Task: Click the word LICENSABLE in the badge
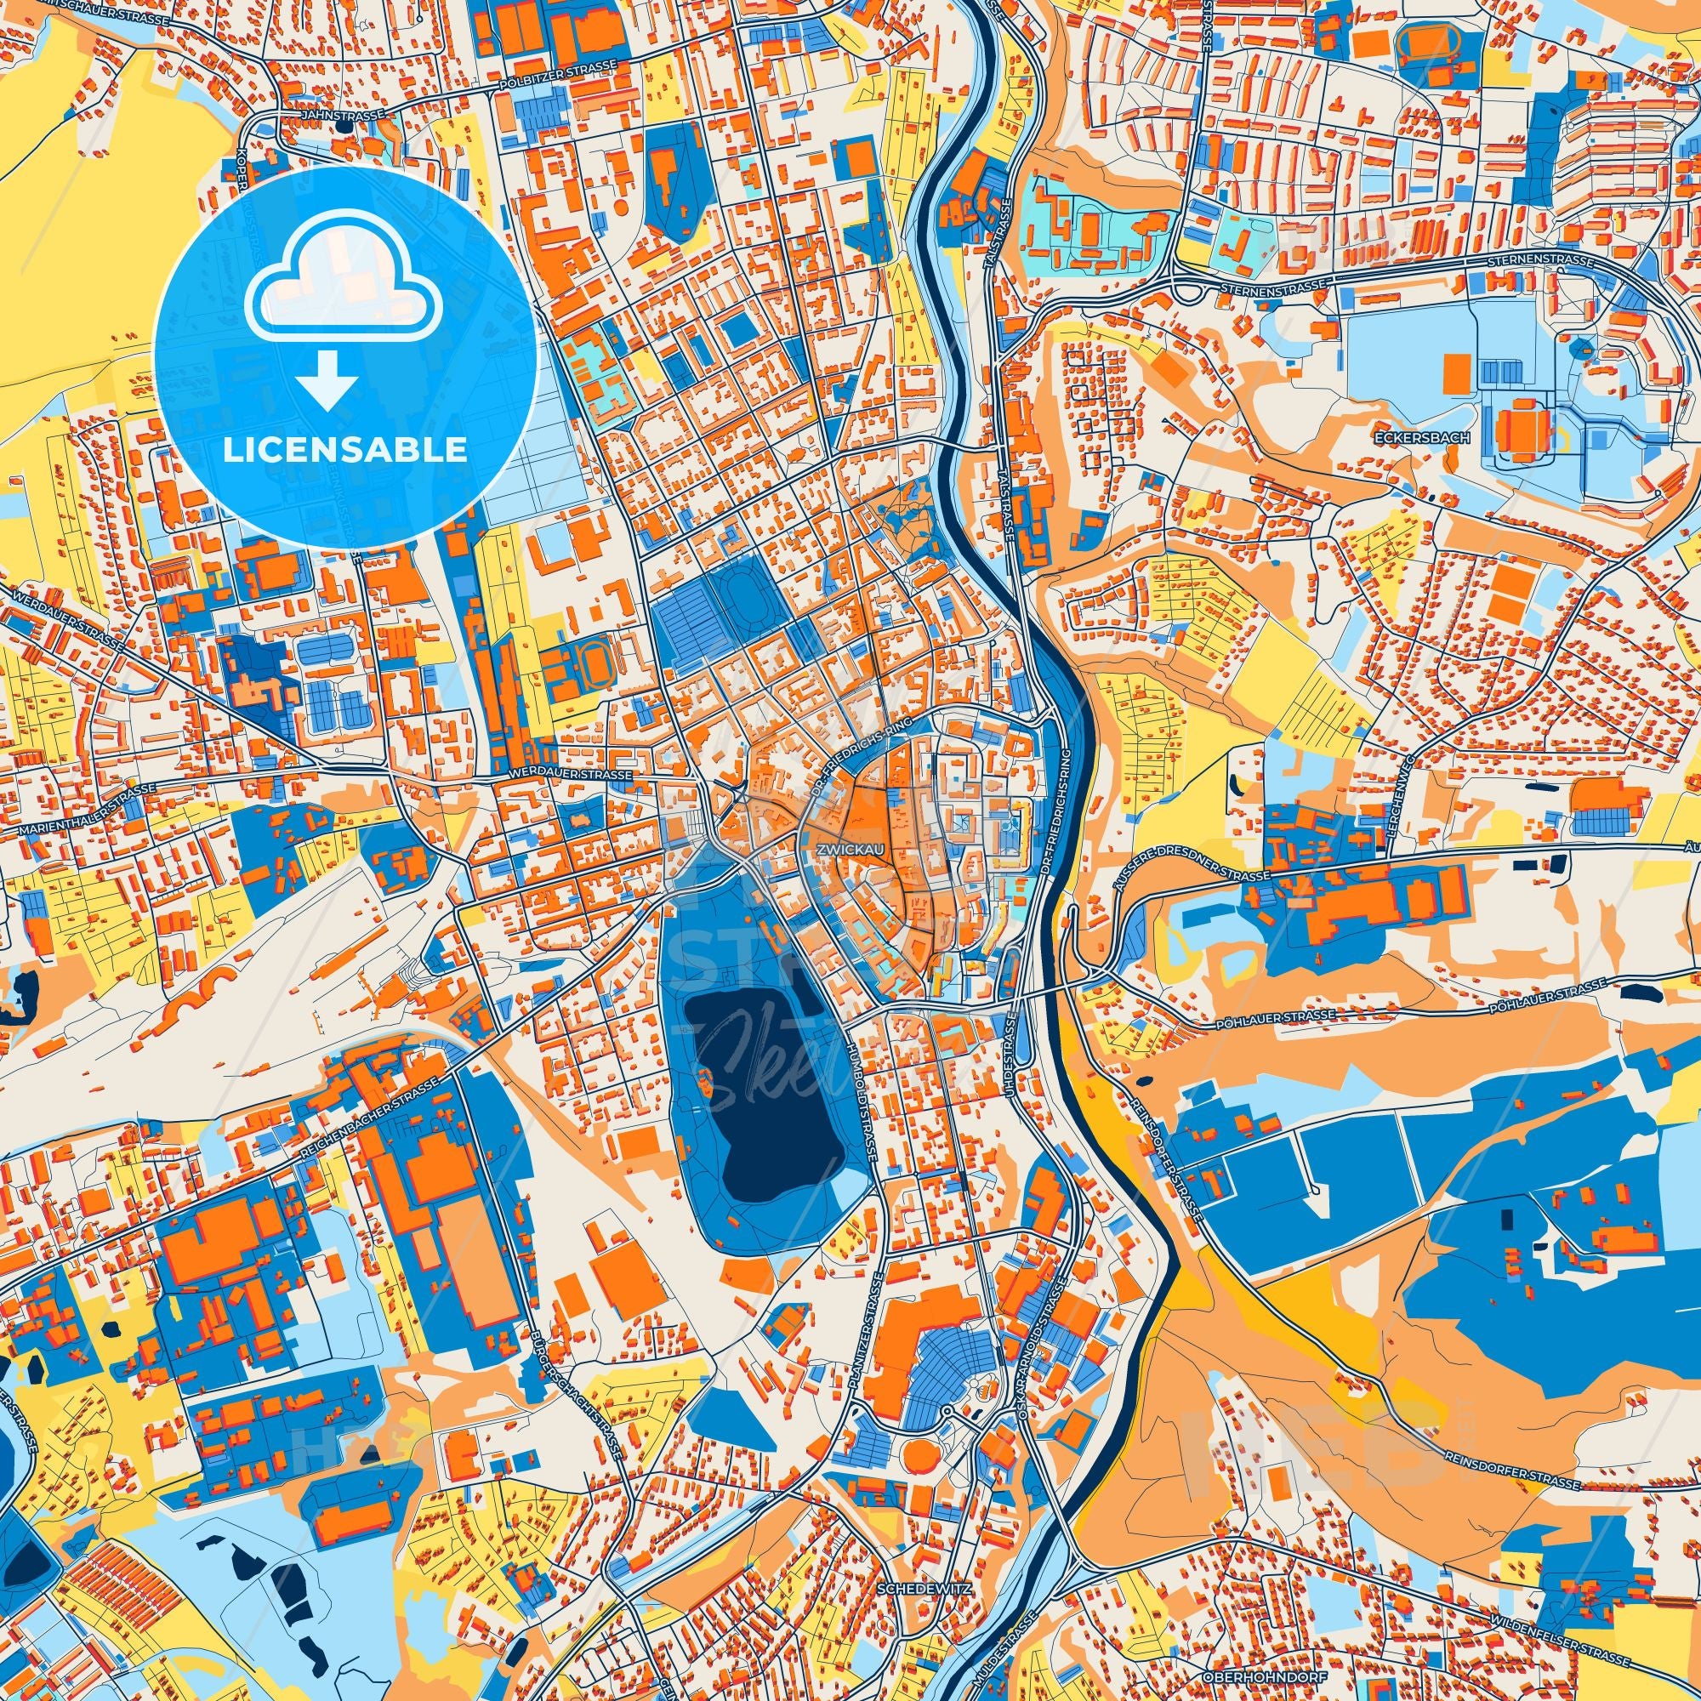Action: [345, 450]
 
